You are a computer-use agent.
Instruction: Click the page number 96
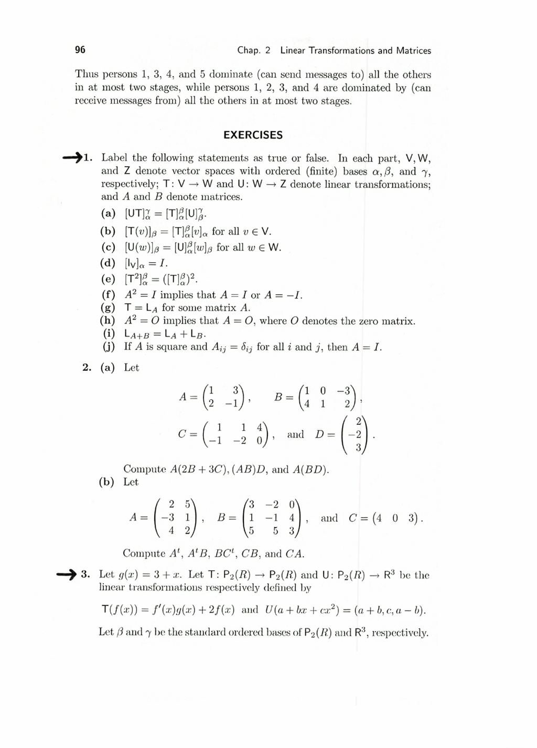(x=80, y=50)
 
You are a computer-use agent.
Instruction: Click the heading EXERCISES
(x=253, y=135)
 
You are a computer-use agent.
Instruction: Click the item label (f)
(x=108, y=295)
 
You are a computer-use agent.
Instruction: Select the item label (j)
(x=109, y=347)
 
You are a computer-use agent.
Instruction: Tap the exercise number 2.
(x=87, y=368)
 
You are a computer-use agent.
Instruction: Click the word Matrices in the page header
(x=413, y=51)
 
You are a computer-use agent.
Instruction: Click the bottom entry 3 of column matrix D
(x=358, y=448)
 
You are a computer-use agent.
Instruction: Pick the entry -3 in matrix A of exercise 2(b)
(x=168, y=518)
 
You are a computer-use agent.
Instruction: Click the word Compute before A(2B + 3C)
(x=144, y=469)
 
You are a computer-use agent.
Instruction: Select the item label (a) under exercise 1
(x=109, y=213)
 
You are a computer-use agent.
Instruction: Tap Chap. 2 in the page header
(x=254, y=51)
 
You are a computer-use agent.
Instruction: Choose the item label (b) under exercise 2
(x=106, y=482)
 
